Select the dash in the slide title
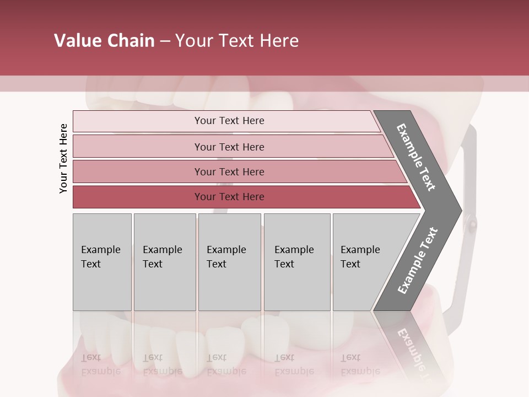pyautogui.click(x=165, y=41)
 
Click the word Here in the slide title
pyautogui.click(x=279, y=41)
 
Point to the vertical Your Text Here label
pyautogui.click(x=63, y=158)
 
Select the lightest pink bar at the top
pyautogui.click(x=229, y=121)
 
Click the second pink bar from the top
pyautogui.click(x=229, y=147)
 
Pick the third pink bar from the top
pyautogui.click(x=229, y=171)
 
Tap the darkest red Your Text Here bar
pyautogui.click(x=229, y=197)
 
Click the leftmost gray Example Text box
pyautogui.click(x=102, y=262)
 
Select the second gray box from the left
pyautogui.click(x=164, y=262)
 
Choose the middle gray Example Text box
pyautogui.click(x=229, y=262)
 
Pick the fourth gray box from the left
pyautogui.click(x=297, y=262)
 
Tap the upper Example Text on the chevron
pyautogui.click(x=416, y=157)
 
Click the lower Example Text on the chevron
pyautogui.click(x=417, y=261)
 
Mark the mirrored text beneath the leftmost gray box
pyautogui.click(x=100, y=364)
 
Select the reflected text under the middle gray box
pyautogui.click(x=226, y=364)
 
